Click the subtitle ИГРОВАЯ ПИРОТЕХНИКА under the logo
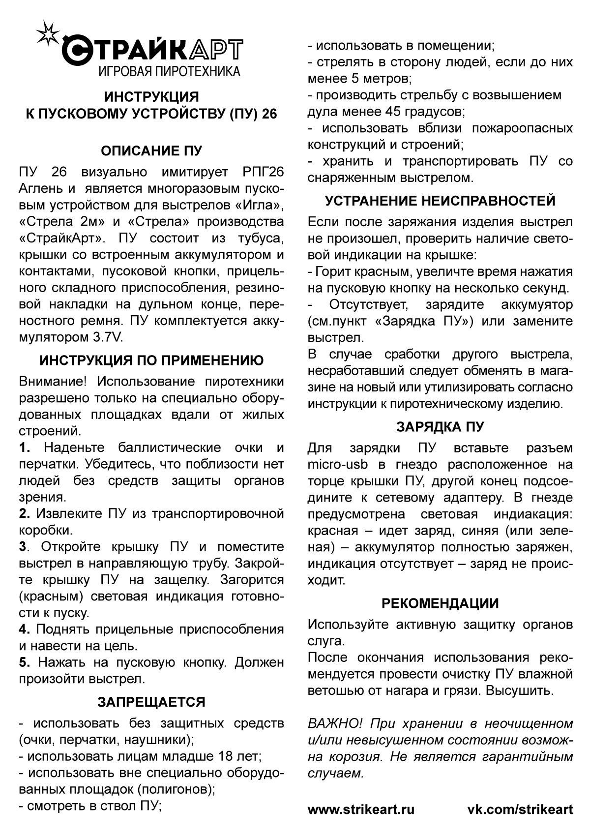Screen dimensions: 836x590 point(169,72)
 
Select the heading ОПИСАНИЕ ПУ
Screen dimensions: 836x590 point(151,150)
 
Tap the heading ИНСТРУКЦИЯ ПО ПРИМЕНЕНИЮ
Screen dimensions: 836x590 point(151,360)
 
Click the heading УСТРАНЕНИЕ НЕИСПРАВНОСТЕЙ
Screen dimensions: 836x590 point(440,201)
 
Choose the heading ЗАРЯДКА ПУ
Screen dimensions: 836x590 point(440,426)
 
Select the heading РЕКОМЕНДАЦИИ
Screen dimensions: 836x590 point(440,603)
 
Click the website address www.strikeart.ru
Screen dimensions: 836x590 point(361,809)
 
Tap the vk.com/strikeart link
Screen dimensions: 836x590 point(520,809)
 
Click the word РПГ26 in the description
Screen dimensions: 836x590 point(263,172)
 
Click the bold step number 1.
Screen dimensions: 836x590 point(25,448)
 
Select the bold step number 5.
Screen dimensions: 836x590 point(25,662)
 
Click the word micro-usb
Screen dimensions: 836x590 point(336,465)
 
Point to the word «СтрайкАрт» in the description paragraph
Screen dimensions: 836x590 point(62,239)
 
